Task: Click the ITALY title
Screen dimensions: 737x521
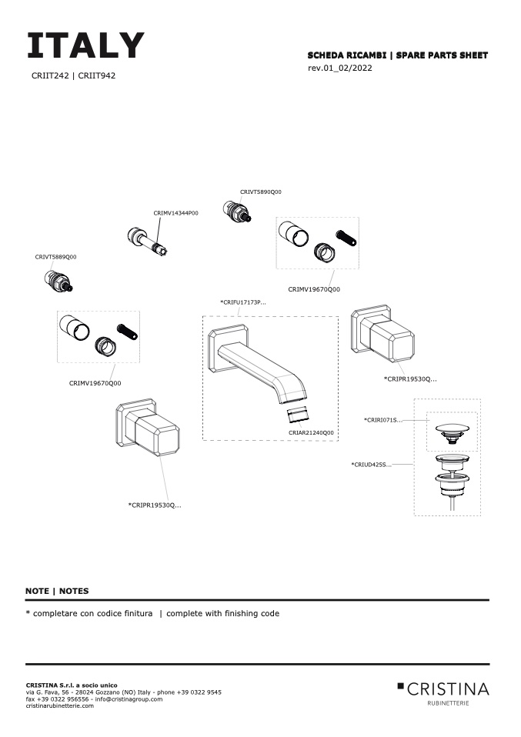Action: pyautogui.click(x=85, y=46)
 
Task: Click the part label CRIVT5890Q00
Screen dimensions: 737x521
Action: pyautogui.click(x=261, y=192)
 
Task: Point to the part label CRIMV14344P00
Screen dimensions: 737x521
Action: pyautogui.click(x=175, y=212)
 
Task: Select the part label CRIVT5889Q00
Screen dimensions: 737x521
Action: pyautogui.click(x=55, y=257)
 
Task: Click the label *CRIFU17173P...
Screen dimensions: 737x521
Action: pyautogui.click(x=243, y=302)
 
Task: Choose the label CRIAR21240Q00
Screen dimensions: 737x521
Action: pyautogui.click(x=311, y=433)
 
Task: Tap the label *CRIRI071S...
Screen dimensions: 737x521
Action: pyautogui.click(x=383, y=420)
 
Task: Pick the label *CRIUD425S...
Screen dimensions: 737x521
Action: pyautogui.click(x=371, y=465)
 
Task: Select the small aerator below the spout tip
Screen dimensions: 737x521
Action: pyautogui.click(x=299, y=415)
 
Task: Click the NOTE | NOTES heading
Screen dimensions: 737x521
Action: pyautogui.click(x=57, y=591)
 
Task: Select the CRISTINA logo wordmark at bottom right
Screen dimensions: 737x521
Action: pyautogui.click(x=447, y=688)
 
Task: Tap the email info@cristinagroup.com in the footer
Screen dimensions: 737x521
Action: pyautogui.click(x=132, y=699)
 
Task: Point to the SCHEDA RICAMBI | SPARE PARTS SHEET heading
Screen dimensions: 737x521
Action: pyautogui.click(x=397, y=55)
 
